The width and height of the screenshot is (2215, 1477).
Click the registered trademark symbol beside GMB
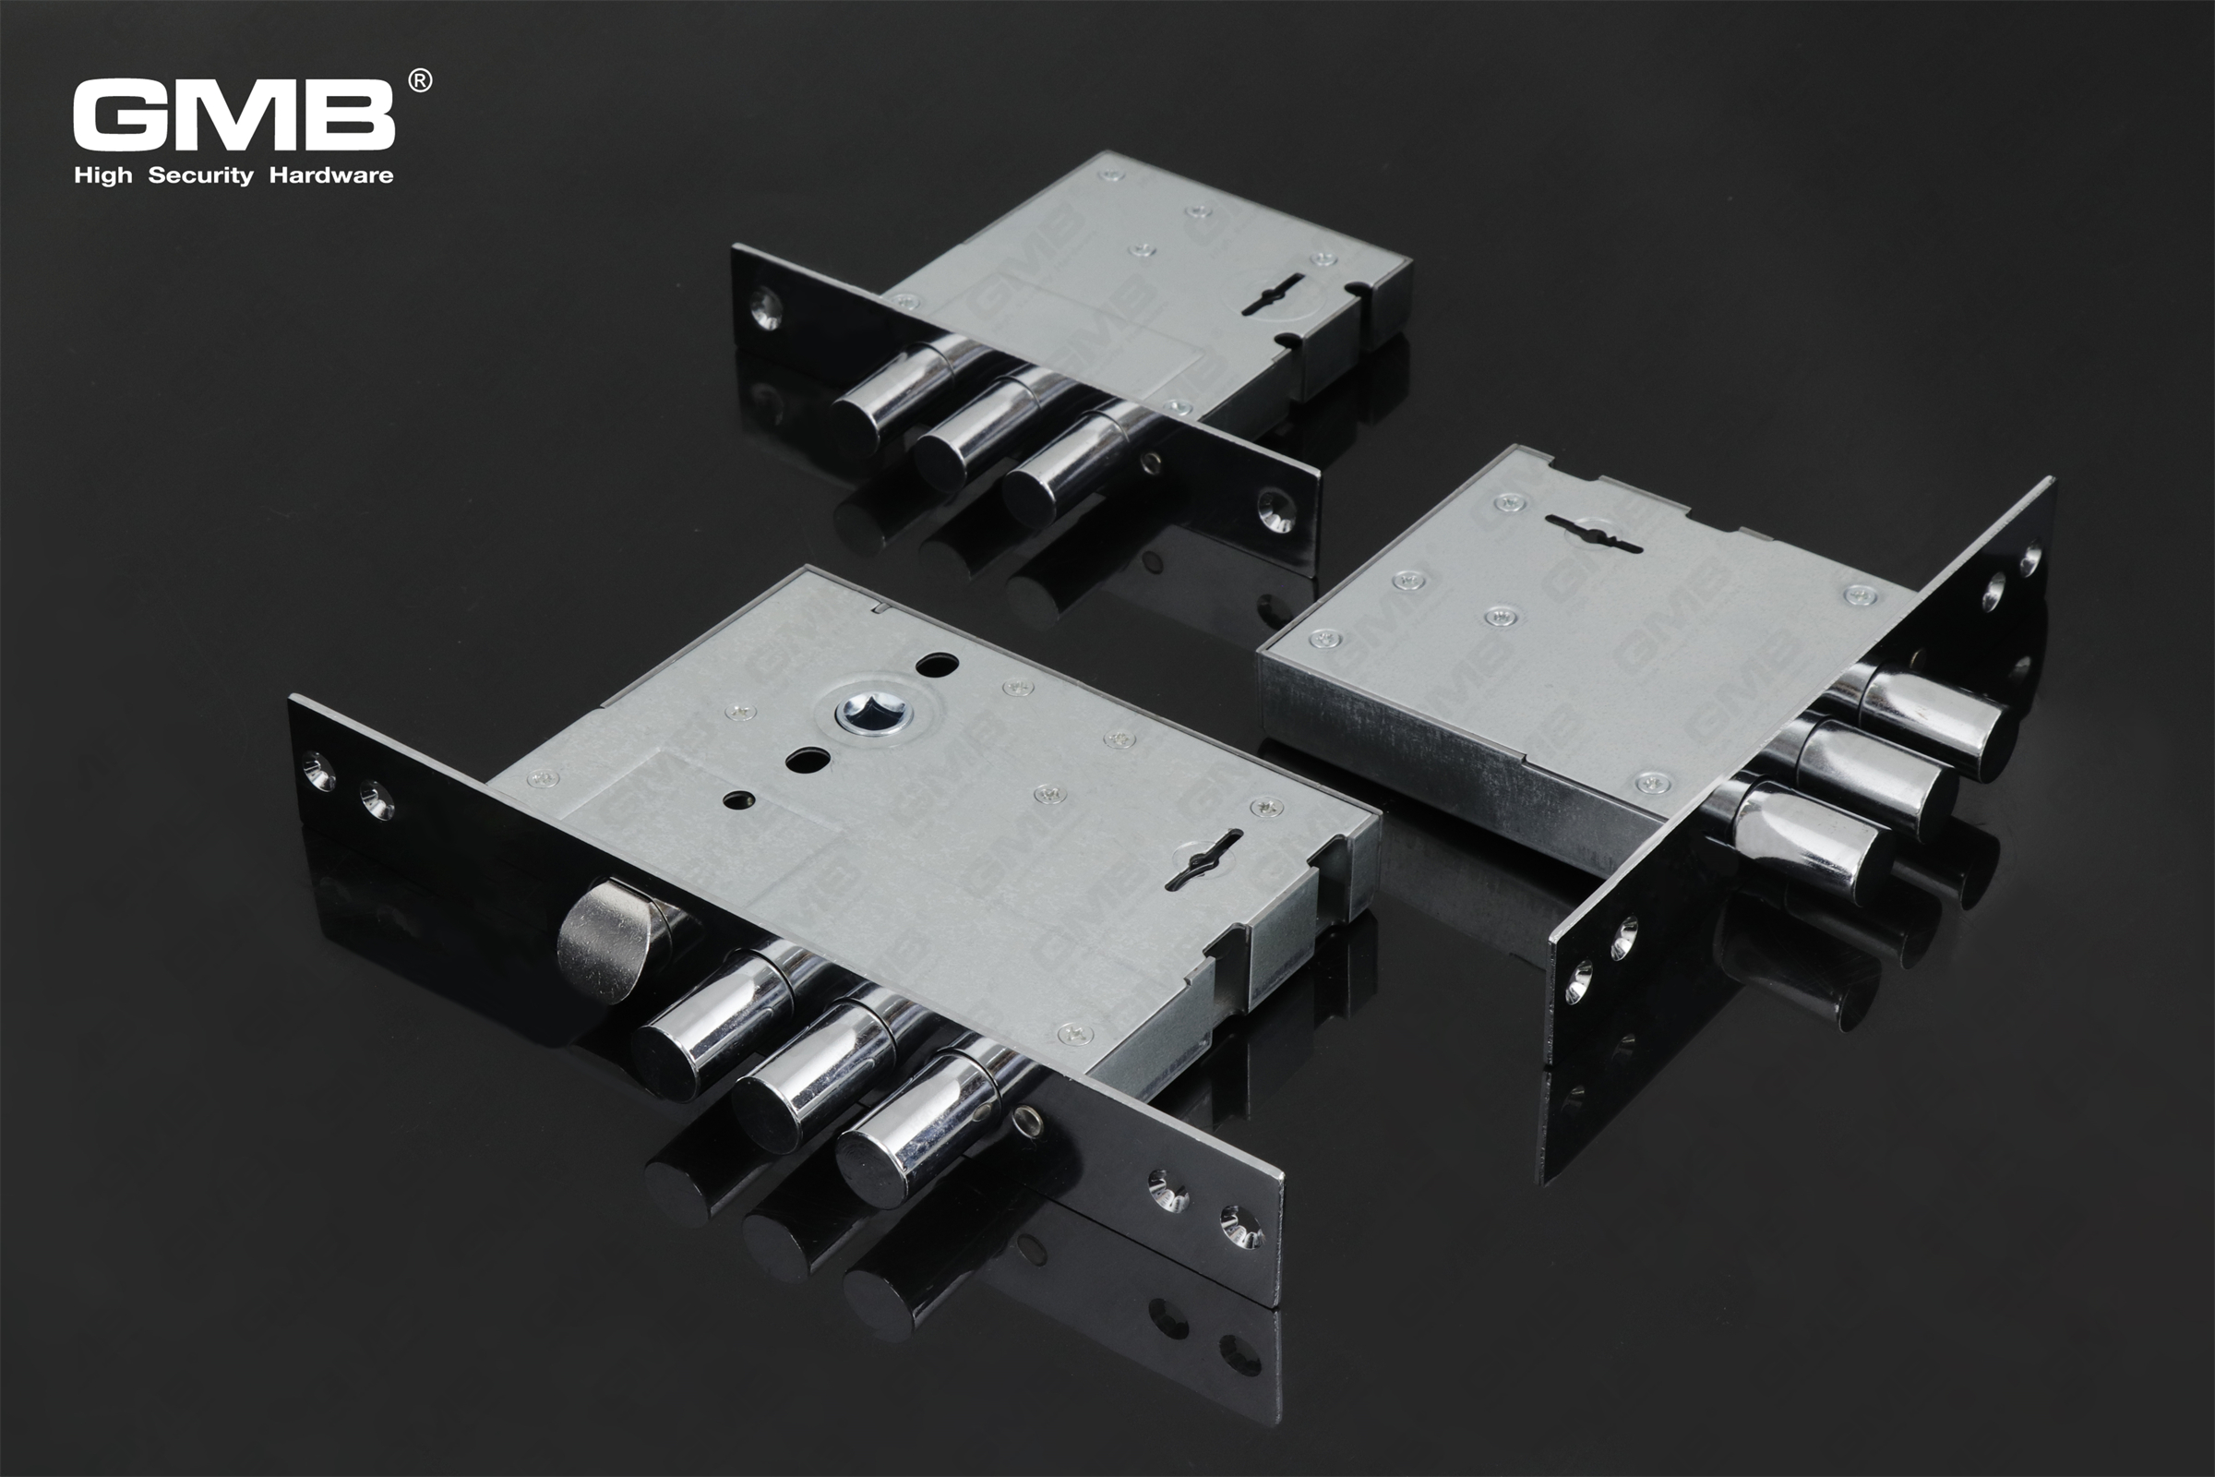point(420,81)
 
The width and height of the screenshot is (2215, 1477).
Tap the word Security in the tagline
point(200,175)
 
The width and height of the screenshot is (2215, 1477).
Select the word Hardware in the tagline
point(330,175)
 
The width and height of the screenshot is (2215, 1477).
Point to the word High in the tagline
point(102,176)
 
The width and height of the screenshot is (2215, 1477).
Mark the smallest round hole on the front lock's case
point(737,799)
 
